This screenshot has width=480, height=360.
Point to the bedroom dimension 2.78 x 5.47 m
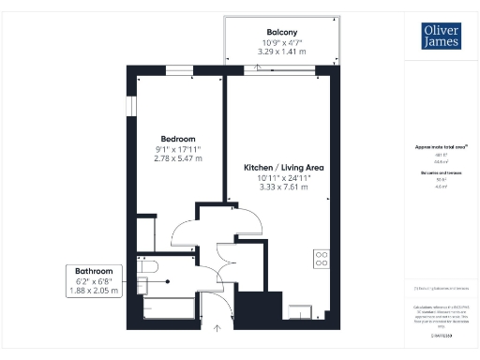click(177, 158)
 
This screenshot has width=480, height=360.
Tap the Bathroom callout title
click(95, 270)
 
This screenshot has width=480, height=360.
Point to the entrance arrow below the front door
click(217, 327)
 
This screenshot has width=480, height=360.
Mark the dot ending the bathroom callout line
click(167, 281)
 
